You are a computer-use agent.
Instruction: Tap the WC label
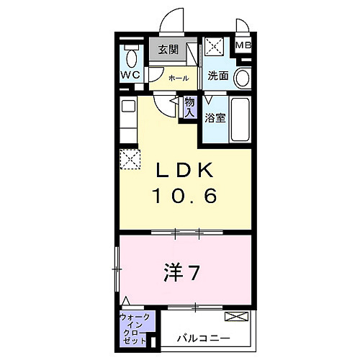pos(130,75)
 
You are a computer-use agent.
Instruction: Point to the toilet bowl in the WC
pos(130,56)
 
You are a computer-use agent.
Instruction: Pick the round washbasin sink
pos(243,78)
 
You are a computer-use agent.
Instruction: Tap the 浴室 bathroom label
pos(215,117)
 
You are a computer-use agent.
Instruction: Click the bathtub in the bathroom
pos(240,120)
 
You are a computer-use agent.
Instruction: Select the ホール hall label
pos(179,78)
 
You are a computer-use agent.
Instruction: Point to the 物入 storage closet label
pos(190,107)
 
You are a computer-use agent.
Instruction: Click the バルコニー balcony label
pos(205,337)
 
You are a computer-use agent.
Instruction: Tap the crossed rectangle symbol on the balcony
pos(235,316)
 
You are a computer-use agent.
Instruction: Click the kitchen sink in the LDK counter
pos(128,106)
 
